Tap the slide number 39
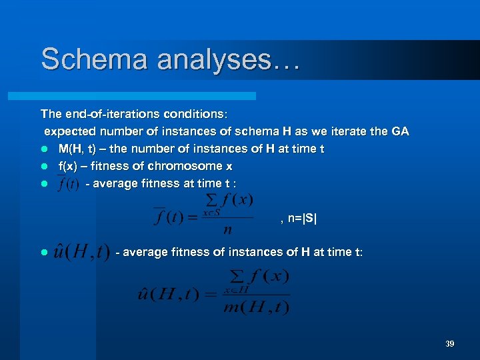(x=449, y=343)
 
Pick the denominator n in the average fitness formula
(x=228, y=230)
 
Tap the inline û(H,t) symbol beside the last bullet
(x=82, y=254)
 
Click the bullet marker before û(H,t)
(x=43, y=253)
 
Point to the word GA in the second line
(x=400, y=131)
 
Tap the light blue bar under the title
(x=147, y=96)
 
